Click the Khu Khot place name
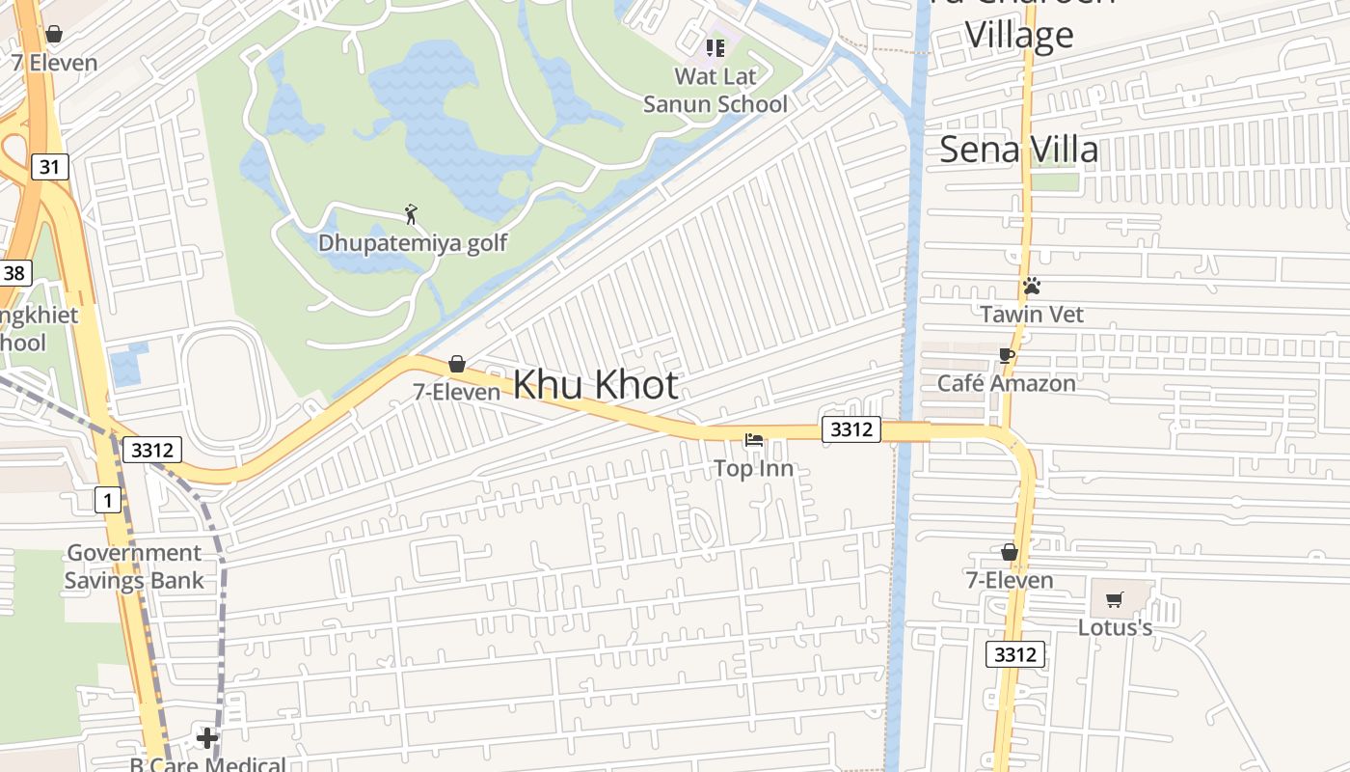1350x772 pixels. click(595, 385)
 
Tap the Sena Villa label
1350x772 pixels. click(1018, 150)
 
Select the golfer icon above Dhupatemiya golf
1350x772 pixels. click(412, 214)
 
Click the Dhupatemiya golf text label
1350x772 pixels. click(413, 242)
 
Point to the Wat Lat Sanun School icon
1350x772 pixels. click(715, 47)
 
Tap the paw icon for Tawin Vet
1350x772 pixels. click(1032, 287)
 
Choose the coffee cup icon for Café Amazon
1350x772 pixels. click(1007, 356)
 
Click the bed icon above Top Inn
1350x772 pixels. click(754, 441)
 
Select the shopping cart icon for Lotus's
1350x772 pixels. click(1115, 600)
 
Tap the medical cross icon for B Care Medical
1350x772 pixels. click(207, 738)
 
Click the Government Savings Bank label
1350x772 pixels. click(134, 566)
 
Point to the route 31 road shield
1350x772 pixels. click(49, 167)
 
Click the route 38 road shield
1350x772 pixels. click(13, 273)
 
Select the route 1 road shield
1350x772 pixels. click(108, 500)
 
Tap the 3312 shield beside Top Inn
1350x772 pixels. click(851, 428)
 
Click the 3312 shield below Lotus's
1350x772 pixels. click(1015, 655)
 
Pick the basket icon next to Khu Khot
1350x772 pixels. click(457, 364)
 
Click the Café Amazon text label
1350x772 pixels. click(1007, 383)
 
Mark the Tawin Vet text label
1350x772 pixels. click(1032, 315)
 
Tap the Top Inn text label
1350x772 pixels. click(754, 469)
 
